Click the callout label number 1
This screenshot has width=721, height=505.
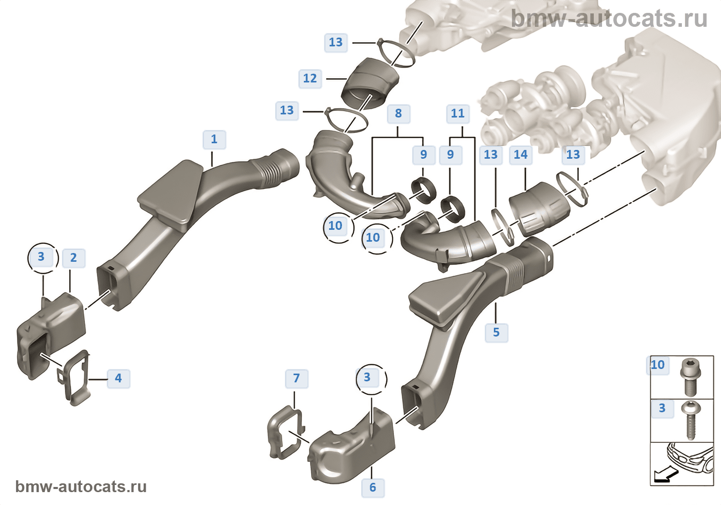coord(214,140)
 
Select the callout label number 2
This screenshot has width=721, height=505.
coord(74,258)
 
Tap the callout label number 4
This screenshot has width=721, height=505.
coord(118,378)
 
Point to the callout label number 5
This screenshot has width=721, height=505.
coord(496,332)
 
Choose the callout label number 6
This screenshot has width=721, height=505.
coord(373,487)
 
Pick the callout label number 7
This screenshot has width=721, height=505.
coord(297,379)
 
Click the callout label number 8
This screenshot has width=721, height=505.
coord(399,114)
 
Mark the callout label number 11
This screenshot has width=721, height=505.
coord(458,114)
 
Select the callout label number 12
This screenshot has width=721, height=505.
coord(310,79)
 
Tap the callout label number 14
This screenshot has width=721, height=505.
coord(521,155)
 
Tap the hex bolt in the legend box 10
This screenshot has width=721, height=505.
coord(689,376)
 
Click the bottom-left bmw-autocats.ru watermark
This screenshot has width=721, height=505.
coord(81,486)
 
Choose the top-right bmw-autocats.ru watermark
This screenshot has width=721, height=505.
coord(609,19)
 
